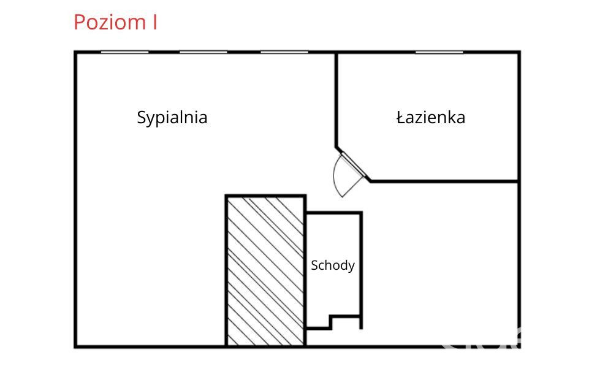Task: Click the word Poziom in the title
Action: coord(110,23)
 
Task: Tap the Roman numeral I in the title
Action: coord(155,22)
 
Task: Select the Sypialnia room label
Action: coord(172,118)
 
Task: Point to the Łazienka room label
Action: coord(431,118)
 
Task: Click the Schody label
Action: coord(333,266)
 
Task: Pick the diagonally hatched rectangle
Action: coord(265,270)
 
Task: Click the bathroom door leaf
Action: coord(353,164)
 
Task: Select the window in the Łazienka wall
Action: coord(439,52)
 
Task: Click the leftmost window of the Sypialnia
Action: coord(124,52)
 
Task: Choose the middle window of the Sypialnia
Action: coord(203,52)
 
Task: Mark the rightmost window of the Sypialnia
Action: coord(284,52)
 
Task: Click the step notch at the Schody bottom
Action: coord(332,322)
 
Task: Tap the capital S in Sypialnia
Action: coord(141,117)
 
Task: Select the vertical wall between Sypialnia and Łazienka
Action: coord(336,100)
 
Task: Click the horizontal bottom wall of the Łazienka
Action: coord(444,181)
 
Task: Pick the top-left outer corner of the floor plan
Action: coord(74,51)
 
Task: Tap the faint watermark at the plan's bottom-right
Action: coord(481,339)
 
